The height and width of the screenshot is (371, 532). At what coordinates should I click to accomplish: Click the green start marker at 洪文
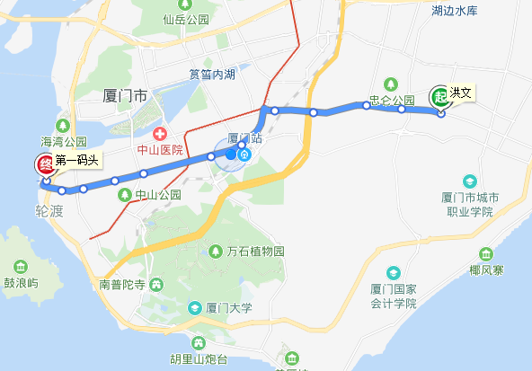[439, 96]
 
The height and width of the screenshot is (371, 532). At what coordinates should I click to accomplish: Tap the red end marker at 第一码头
[43, 164]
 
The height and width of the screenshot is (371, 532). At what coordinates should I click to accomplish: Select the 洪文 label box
[462, 93]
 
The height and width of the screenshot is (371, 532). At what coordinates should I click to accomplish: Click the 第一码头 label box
[75, 162]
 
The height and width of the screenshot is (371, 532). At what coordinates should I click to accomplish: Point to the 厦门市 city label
[125, 93]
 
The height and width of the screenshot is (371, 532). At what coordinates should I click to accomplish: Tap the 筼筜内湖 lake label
[212, 76]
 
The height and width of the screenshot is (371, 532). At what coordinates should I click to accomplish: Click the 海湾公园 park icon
[63, 125]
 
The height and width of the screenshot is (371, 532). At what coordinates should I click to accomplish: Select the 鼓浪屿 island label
[22, 282]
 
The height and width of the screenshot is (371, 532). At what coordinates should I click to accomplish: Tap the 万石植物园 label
[255, 252]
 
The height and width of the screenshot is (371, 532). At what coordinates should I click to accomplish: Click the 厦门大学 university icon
[194, 308]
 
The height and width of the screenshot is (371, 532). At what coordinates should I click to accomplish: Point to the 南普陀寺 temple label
[123, 285]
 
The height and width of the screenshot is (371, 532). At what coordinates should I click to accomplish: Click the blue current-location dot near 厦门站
[231, 154]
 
